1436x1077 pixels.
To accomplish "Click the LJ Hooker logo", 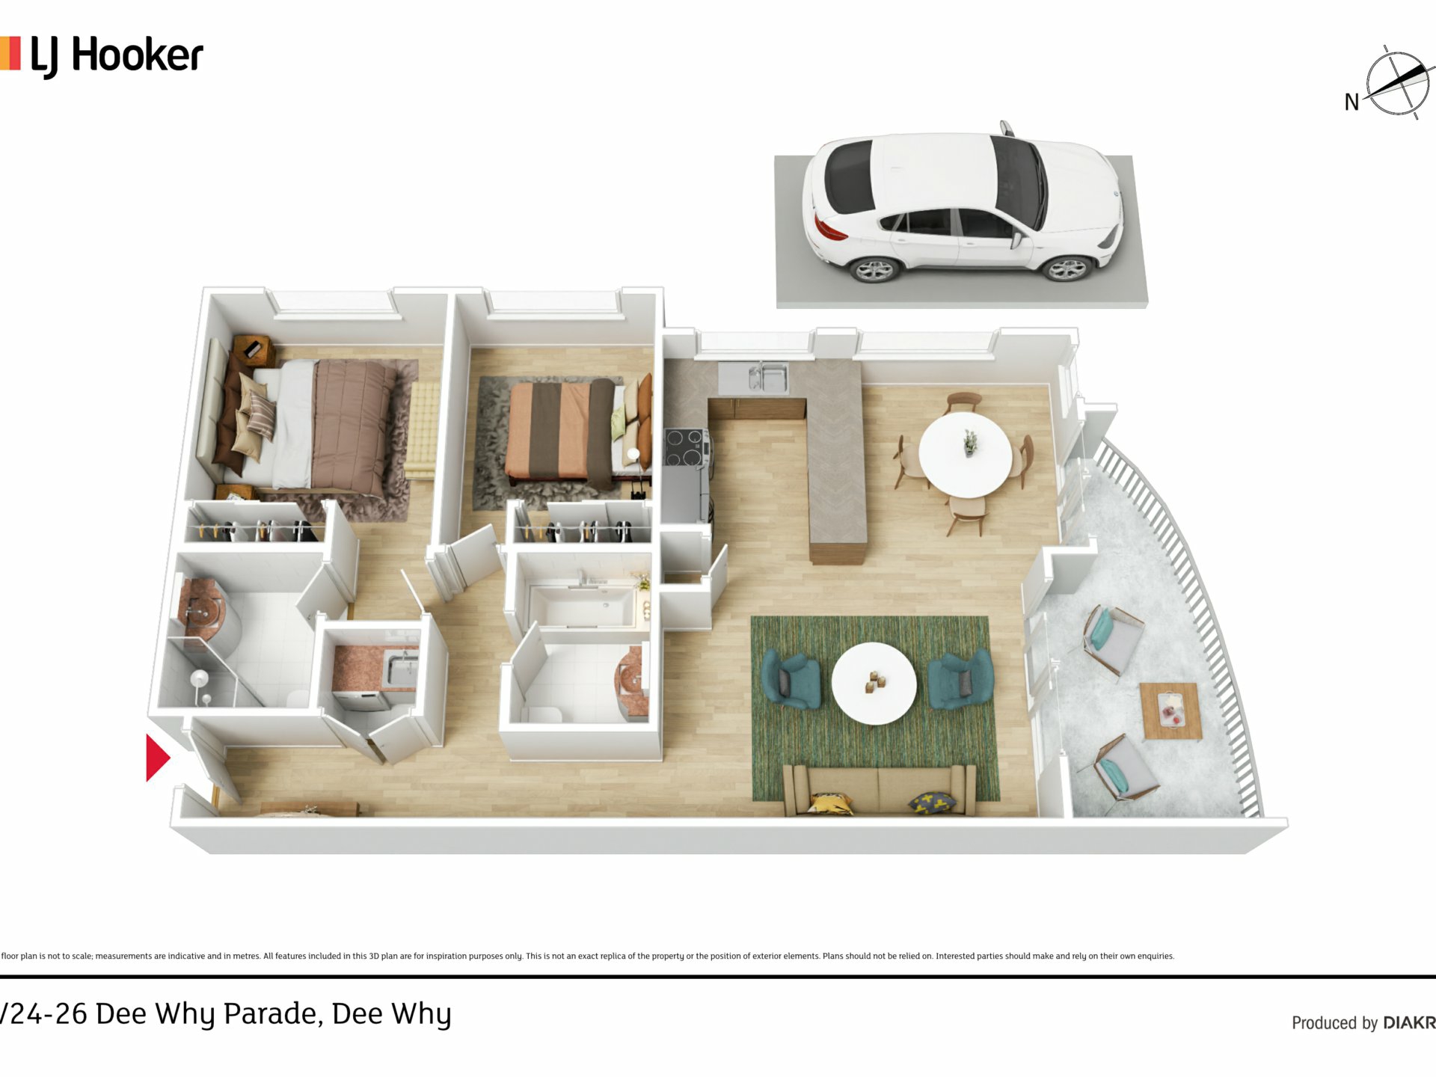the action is click(x=102, y=56).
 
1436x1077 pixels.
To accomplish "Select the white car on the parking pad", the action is click(x=963, y=202).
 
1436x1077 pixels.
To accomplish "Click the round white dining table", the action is click(x=966, y=454).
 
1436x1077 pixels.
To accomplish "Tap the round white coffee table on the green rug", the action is click(x=874, y=683).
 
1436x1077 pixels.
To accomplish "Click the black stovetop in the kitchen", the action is click(x=686, y=447).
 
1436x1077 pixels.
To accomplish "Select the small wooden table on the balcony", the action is click(x=1170, y=711).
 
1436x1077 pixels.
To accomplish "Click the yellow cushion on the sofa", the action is click(x=832, y=803).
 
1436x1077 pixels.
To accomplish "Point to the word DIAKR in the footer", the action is click(x=1409, y=1022).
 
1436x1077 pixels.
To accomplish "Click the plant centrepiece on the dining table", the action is click(x=970, y=442).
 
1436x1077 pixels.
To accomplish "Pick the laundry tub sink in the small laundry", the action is click(x=402, y=668).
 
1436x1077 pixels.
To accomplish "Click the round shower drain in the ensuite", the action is click(x=200, y=678).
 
